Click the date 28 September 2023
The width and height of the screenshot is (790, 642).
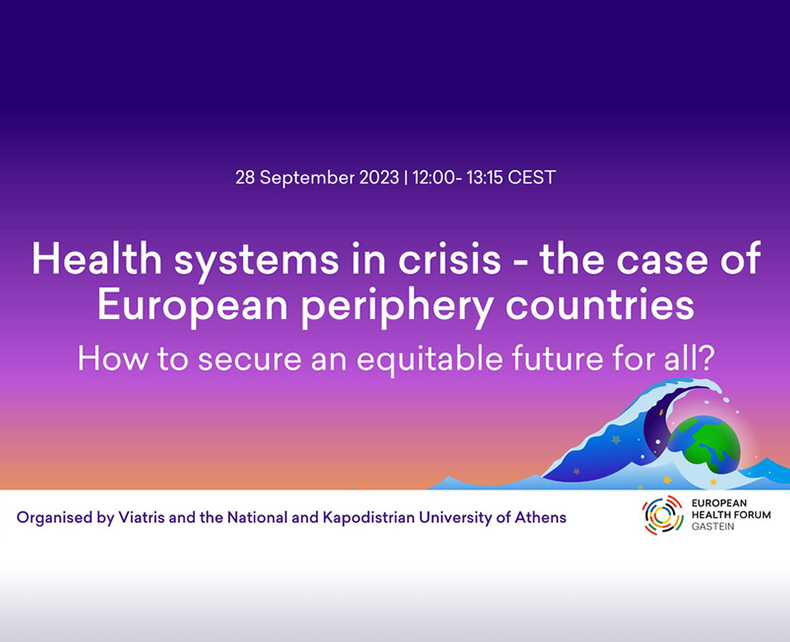(x=317, y=178)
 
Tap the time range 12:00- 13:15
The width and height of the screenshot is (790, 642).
(x=458, y=178)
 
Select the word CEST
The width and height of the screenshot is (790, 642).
(x=531, y=178)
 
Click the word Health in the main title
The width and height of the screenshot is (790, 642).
(x=97, y=258)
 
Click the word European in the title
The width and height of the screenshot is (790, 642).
(x=192, y=305)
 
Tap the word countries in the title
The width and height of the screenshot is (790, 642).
(x=600, y=305)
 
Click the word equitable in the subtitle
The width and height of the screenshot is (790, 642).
(x=429, y=359)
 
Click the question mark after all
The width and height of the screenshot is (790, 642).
(x=707, y=359)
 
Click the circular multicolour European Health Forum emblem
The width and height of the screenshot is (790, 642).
(x=662, y=515)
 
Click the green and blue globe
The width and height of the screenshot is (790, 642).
(x=704, y=444)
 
